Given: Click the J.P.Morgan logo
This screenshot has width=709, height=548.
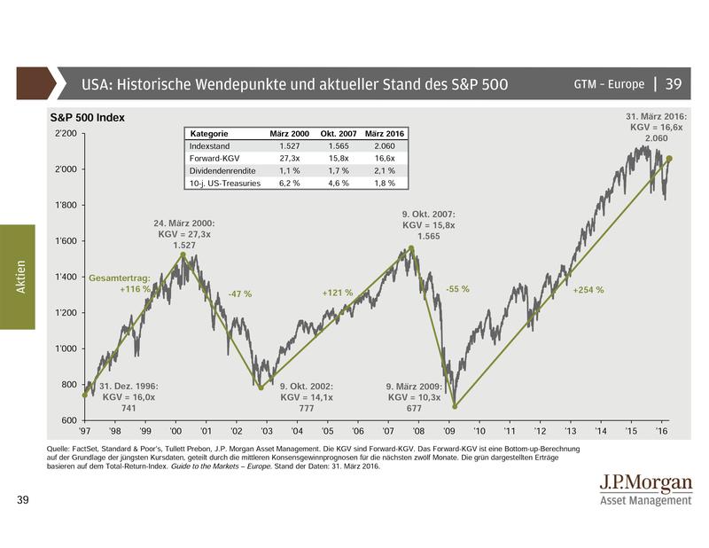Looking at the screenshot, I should (x=644, y=489).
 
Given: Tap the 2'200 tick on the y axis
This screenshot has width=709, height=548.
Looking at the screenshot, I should (x=66, y=133).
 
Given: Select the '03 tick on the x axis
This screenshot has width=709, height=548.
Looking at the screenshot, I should (x=267, y=432).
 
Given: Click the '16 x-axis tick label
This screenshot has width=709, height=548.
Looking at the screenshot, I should (x=661, y=432).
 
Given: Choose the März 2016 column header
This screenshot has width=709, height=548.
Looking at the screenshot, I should (x=386, y=133).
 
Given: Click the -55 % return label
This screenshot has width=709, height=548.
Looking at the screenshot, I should (x=457, y=289).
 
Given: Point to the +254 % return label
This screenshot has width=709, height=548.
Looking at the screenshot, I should (x=588, y=290).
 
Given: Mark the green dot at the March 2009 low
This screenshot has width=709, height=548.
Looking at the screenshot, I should (x=455, y=406).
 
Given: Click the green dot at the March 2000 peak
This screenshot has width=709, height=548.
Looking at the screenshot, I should (x=183, y=254).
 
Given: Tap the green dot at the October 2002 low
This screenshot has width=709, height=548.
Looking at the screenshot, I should (x=261, y=388).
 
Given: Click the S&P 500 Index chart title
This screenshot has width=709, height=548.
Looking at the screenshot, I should (x=86, y=117).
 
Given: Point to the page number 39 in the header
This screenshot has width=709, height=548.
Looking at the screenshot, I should (x=673, y=84).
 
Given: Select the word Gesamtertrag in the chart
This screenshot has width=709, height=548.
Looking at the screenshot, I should (x=120, y=278).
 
